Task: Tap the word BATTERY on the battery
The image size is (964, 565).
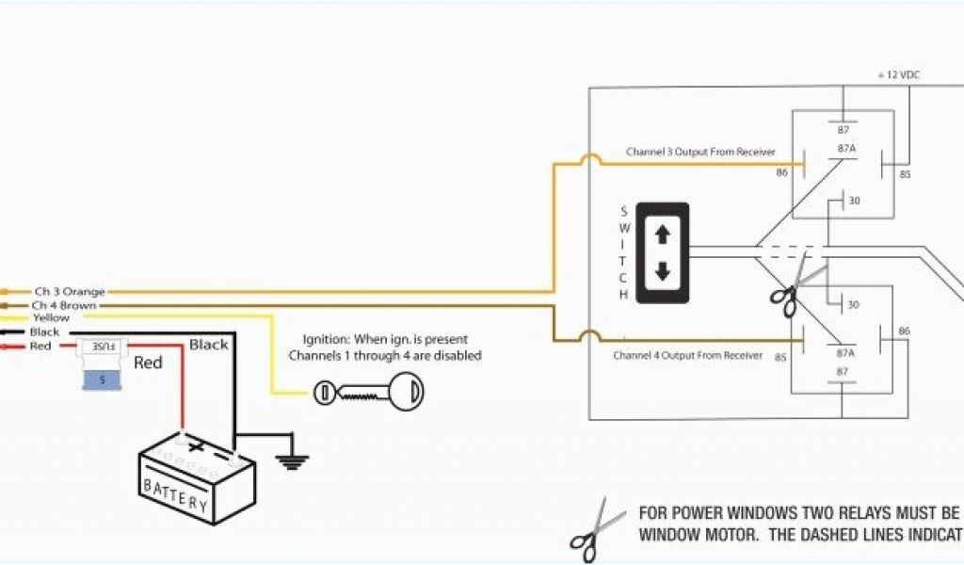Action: [175, 492]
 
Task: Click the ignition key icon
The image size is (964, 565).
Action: [372, 393]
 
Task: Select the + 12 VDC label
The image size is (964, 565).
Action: [900, 73]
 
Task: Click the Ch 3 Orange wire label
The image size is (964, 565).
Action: [69, 292]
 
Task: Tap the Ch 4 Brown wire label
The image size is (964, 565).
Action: [63, 305]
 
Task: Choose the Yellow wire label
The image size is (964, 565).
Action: [51, 318]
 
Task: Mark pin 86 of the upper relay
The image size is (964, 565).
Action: [781, 173]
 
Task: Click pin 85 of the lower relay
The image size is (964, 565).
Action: [780, 357]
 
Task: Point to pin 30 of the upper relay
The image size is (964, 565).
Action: [854, 201]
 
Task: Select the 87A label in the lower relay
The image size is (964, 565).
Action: [844, 353]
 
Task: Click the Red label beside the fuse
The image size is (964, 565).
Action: [148, 363]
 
